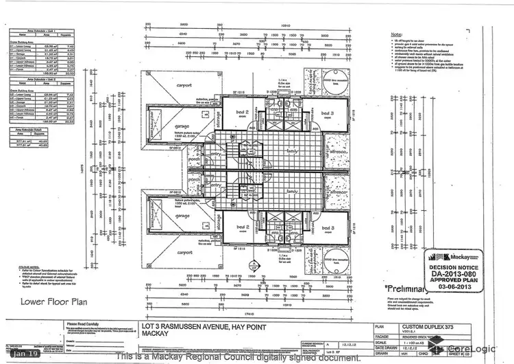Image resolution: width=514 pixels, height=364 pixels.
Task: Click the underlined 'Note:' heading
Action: [395, 33]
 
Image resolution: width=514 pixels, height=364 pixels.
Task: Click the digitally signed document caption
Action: [238, 357]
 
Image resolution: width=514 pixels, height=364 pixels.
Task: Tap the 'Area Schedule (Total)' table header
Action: [28, 128]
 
